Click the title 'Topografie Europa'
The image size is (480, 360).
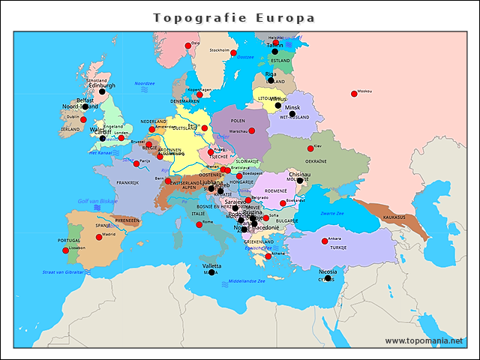pos(234,18)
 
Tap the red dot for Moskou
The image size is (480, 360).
pos(354,94)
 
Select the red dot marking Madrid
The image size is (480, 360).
pos(99,237)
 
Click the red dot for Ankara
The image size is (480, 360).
pos(325,241)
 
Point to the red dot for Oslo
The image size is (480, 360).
pos(188,46)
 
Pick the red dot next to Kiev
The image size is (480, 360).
pos(310,148)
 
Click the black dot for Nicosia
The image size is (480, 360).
pos(328,278)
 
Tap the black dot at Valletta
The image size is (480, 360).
pos(212,272)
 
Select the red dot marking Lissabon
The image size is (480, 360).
pos(65,250)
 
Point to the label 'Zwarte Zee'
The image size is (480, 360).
pos(332,214)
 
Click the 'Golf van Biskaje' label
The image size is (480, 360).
pos(98,201)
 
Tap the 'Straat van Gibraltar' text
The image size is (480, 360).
pos(63,271)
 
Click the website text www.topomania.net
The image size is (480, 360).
pos(424,340)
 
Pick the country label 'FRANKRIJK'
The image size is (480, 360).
pos(127,182)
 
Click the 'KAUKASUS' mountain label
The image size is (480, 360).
pos(394,217)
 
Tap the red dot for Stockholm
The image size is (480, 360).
pos(233,53)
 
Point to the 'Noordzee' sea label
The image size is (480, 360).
pos(144,83)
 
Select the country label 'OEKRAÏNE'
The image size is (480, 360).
pos(315,160)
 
